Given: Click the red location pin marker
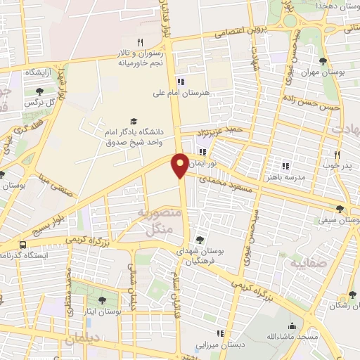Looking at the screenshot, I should tap(181, 165).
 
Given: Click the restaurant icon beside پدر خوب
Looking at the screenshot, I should tap(337, 155).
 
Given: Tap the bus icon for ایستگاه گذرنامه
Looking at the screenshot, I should tap(23, 245).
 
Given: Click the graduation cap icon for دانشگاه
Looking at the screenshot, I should tap(134, 121).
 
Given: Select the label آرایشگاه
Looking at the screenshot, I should tap(39, 72).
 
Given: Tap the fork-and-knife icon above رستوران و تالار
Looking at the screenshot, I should tap(140, 42).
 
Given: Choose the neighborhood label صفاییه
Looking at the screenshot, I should tap(304, 263).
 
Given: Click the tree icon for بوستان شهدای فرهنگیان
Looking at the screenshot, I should tap(201, 239).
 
